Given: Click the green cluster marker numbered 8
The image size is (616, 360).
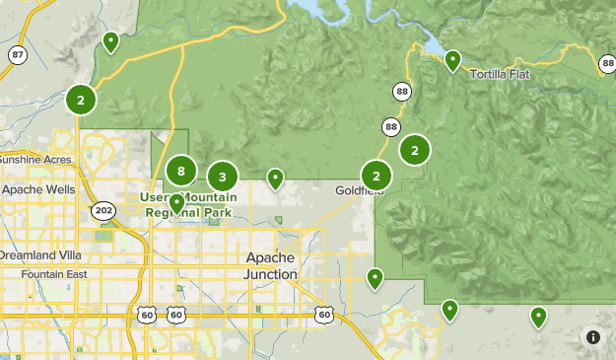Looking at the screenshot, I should click(x=180, y=171).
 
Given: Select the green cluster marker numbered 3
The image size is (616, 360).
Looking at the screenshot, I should click(x=223, y=177).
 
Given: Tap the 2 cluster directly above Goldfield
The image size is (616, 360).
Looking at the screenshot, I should click(x=376, y=176).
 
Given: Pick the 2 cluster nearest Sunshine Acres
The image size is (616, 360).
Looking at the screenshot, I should click(x=81, y=100).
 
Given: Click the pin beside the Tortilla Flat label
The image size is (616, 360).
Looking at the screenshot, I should click(x=452, y=60).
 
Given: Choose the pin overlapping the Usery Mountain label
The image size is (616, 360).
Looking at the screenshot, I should click(x=176, y=203).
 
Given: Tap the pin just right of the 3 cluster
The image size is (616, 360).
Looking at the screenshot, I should click(x=276, y=179).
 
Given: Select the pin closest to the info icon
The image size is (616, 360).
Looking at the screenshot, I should click(x=538, y=317).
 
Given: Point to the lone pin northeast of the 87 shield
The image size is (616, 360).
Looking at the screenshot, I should click(x=111, y=41).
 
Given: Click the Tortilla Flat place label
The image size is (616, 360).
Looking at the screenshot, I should click(x=501, y=75).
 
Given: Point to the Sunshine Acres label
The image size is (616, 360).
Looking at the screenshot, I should click(x=34, y=160).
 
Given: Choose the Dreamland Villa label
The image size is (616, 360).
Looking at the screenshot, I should click(x=37, y=254).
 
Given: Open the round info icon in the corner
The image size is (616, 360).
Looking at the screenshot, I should click(x=593, y=336).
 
